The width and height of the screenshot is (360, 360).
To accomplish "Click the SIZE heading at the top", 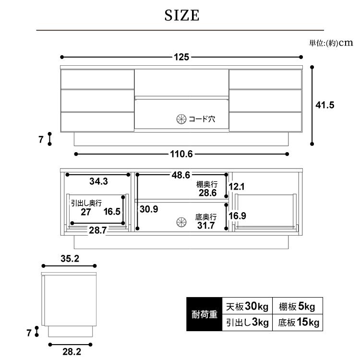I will [x=181, y=16].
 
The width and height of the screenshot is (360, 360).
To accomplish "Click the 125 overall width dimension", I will [x=181, y=57].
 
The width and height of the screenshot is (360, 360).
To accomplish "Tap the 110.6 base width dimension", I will [x=181, y=154].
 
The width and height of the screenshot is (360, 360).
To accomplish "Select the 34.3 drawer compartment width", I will [x=98, y=181].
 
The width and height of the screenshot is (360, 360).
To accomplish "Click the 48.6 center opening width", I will [x=181, y=175].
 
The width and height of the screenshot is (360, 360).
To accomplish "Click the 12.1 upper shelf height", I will [x=237, y=187].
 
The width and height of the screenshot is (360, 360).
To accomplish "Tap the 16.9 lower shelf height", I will [x=237, y=216].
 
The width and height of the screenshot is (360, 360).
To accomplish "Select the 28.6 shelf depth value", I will [x=208, y=193].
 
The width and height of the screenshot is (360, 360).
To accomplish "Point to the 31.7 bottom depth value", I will [x=208, y=226].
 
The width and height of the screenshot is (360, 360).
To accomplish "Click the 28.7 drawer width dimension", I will [x=97, y=230].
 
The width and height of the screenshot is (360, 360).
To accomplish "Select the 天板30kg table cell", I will [x=246, y=306].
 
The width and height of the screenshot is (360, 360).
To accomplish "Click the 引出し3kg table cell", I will [x=246, y=323].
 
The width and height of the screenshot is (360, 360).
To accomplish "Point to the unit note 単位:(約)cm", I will [x=331, y=43].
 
